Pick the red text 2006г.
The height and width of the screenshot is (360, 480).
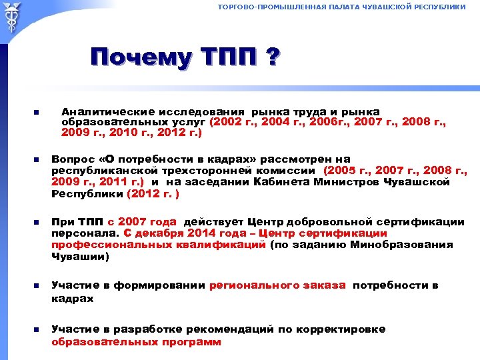[325, 123]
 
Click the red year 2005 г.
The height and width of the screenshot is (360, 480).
[344, 170]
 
